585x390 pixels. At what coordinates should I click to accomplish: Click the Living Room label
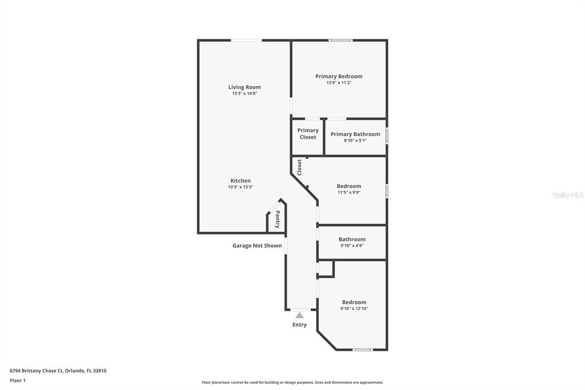coord(245,87)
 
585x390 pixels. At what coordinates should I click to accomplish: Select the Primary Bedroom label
coord(339,76)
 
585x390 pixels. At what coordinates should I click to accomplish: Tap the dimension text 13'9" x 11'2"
coord(339,82)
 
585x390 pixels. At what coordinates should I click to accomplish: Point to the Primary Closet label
coord(308,134)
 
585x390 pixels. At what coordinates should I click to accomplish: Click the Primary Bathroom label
coord(355,134)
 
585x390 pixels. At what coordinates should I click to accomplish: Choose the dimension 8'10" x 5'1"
coord(355,141)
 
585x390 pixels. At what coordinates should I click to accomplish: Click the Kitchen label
coord(241,181)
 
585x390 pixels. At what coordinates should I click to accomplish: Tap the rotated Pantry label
coord(278,219)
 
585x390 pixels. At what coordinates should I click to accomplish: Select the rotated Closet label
coord(299,168)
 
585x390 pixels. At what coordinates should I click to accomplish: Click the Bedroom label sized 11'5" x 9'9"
coord(349,186)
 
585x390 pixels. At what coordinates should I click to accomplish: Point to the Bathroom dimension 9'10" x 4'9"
coord(352,246)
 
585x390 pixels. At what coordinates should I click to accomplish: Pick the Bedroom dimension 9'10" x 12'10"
coord(354,309)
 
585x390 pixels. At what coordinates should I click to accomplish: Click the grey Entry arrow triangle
coord(299,316)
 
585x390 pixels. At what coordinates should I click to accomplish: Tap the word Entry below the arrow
coord(299,325)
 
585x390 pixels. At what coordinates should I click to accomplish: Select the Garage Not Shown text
coord(257,246)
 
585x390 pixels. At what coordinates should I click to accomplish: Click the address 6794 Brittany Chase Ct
coord(37,371)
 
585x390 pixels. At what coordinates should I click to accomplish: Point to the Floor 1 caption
coord(18,381)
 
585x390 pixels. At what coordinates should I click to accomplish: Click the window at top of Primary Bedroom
coord(340,41)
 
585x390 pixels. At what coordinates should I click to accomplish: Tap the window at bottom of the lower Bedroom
coord(363,349)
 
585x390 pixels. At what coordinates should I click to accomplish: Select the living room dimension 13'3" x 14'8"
coord(245,93)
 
